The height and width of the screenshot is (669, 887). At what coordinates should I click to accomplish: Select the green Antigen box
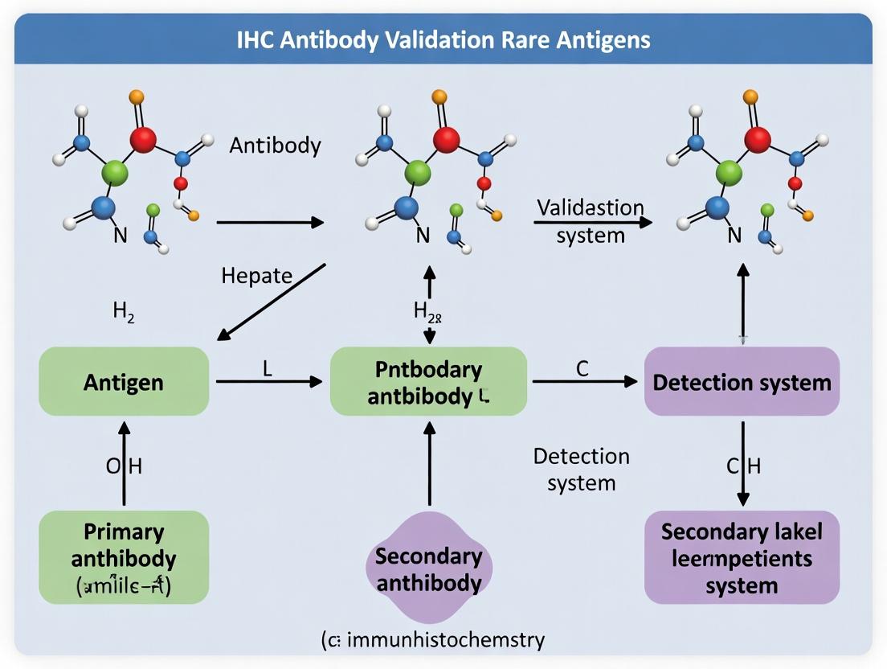click(x=124, y=382)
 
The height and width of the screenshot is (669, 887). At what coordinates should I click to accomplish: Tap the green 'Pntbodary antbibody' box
click(x=429, y=382)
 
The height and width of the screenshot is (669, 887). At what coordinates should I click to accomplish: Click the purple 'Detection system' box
click(x=742, y=382)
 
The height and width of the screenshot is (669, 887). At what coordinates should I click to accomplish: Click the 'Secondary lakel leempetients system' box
click(x=742, y=557)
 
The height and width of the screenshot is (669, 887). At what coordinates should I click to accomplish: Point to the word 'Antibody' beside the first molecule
click(x=275, y=146)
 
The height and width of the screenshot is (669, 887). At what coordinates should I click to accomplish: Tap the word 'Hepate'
click(x=257, y=276)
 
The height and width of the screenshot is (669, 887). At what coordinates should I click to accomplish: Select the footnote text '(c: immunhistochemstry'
click(x=433, y=640)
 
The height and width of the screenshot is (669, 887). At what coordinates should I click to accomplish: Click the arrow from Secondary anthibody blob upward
click(x=429, y=466)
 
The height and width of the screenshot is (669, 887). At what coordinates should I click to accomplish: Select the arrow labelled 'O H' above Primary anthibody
click(x=124, y=466)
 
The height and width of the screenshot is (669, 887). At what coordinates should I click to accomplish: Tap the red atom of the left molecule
click(x=142, y=140)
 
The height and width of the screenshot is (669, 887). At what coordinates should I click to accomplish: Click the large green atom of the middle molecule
click(x=417, y=171)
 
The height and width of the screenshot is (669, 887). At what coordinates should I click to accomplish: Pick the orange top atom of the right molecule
click(x=750, y=97)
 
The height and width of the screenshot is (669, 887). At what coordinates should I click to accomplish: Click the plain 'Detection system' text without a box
click(x=581, y=470)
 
